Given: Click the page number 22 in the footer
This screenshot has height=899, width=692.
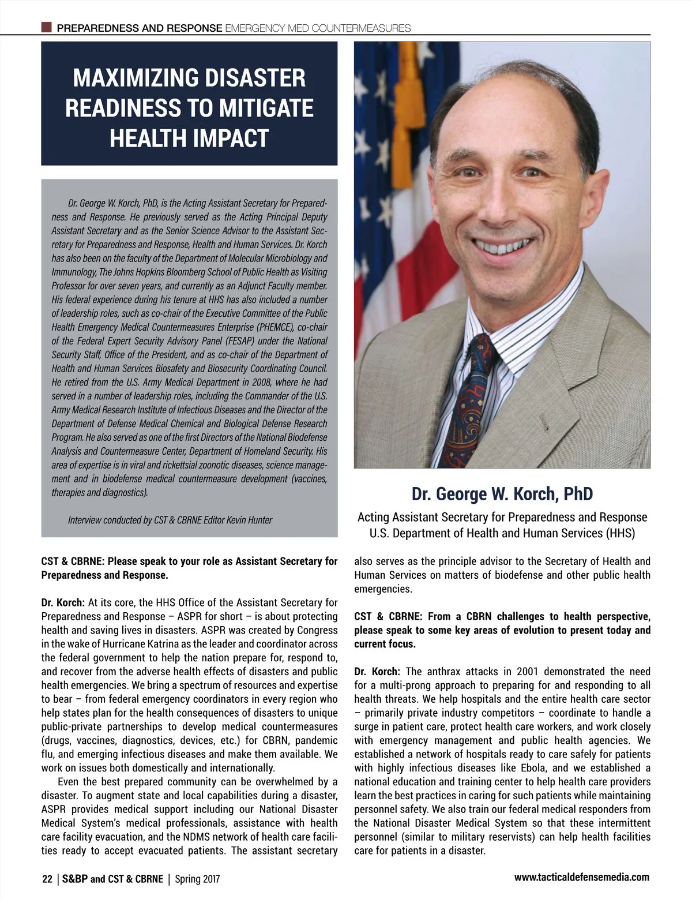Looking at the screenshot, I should click(x=47, y=879).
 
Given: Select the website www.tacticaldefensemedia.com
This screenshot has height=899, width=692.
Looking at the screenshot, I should click(x=581, y=877).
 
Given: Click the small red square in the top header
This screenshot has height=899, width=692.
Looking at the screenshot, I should click(x=47, y=27).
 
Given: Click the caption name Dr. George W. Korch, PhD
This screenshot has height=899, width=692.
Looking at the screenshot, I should click(x=502, y=494).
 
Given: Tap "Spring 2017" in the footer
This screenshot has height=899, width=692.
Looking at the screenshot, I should click(x=197, y=879).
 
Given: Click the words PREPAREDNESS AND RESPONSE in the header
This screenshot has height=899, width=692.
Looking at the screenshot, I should click(x=140, y=28).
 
